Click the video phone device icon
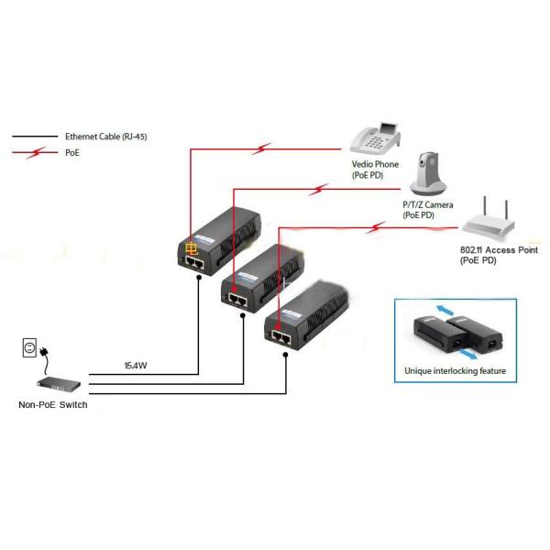(376, 137)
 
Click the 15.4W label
(137, 366)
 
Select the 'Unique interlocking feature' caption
(455, 371)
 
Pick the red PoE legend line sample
(33, 152)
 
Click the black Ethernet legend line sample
(33, 136)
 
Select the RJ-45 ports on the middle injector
(238, 299)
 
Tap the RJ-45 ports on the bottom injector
(281, 336)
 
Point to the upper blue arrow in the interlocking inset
(442, 310)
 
